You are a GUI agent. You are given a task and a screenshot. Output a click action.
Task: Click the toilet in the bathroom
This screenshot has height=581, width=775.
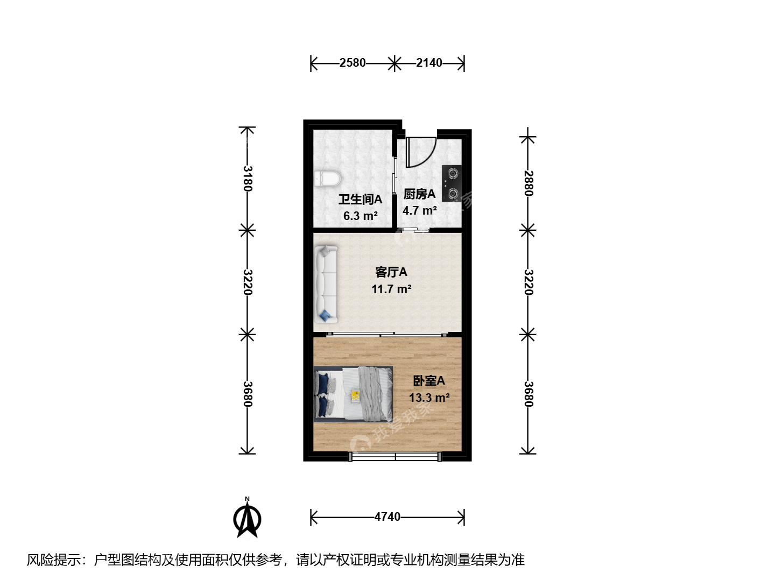(x=327, y=179)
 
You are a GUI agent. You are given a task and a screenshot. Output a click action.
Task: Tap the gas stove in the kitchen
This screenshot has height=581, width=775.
(x=452, y=183)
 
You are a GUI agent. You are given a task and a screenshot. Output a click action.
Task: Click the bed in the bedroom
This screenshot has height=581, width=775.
(x=353, y=394)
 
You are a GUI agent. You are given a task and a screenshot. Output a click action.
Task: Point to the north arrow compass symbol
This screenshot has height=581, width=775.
(x=247, y=518)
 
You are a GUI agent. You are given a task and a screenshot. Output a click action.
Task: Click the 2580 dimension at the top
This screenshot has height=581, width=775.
(x=353, y=63)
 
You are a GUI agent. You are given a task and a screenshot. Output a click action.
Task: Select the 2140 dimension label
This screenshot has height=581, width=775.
(x=429, y=63)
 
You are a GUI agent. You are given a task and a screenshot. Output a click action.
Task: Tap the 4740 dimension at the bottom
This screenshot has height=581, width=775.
(x=387, y=517)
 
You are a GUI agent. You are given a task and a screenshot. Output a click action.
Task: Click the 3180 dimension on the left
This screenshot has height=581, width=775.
(x=248, y=178)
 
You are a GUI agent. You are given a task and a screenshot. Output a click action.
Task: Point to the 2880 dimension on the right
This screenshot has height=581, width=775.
(x=528, y=183)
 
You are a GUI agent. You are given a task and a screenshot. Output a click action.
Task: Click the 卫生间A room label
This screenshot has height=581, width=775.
(x=360, y=200)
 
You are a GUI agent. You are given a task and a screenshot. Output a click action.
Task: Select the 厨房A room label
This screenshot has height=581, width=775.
(x=419, y=194)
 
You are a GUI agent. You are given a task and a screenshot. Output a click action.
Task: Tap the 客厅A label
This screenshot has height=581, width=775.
(x=391, y=272)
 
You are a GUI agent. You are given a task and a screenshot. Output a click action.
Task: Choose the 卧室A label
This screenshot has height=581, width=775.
(x=429, y=381)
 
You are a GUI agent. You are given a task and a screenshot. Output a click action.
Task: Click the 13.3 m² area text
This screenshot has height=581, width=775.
(x=429, y=398)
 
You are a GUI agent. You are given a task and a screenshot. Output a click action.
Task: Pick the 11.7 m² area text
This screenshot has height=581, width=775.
(x=391, y=289)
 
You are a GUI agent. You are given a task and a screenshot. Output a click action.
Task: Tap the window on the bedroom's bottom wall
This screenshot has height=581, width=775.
(x=394, y=457)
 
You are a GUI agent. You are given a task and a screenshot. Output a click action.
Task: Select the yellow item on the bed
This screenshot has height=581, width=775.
(x=355, y=395)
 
